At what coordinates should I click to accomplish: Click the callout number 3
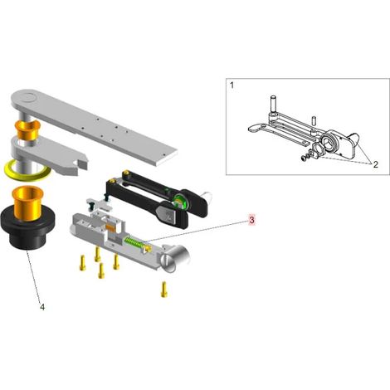(x=251, y=220)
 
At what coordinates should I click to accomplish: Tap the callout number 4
(x=42, y=307)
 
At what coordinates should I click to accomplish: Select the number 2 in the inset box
(x=375, y=164)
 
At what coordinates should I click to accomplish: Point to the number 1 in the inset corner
(x=232, y=85)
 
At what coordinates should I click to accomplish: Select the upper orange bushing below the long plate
(x=27, y=130)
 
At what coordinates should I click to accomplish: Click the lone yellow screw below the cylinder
(x=164, y=290)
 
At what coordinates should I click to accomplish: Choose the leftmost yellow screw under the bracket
(x=82, y=263)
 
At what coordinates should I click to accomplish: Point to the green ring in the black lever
(x=180, y=201)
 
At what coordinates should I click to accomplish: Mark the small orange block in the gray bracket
(x=110, y=227)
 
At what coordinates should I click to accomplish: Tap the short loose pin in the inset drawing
(x=314, y=121)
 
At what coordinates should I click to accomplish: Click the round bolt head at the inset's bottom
(x=304, y=158)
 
